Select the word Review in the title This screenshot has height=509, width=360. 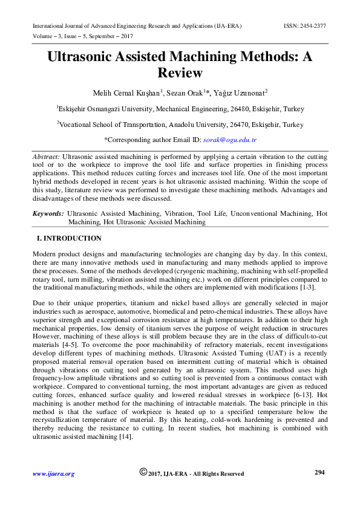(x=180, y=73)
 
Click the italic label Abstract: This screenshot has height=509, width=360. (x=46, y=157)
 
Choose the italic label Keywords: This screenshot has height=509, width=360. (x=48, y=214)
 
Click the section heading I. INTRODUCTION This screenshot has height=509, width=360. (x=69, y=239)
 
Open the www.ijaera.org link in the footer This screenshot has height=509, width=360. (x=53, y=474)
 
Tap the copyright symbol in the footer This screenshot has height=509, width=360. (x=143, y=472)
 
